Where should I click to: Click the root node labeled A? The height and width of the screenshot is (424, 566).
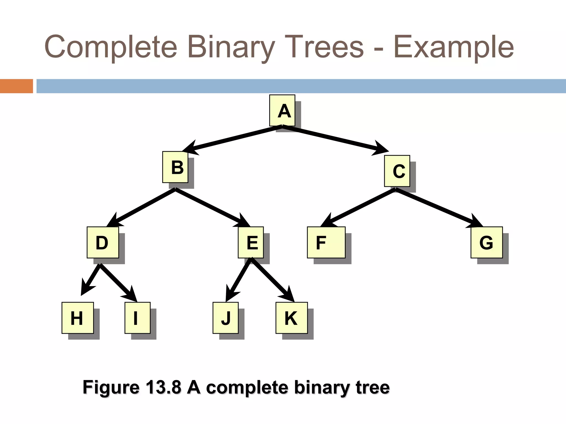pos(282,110)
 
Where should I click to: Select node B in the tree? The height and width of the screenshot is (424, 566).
pos(175,167)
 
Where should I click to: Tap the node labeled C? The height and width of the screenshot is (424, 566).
pos(397,171)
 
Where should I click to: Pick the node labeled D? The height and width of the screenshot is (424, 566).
pos(103,242)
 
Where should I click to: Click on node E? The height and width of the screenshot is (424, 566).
pos(251,242)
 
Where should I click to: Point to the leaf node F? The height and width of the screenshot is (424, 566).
pos(326,242)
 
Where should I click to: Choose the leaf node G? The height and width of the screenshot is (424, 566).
pos(486,242)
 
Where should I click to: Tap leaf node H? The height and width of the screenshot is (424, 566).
pos(78,318)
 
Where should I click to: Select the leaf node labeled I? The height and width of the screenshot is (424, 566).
pos(137,318)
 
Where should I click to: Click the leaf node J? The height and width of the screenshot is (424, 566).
pos(226,318)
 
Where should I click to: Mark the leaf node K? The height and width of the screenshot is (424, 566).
pos(292,318)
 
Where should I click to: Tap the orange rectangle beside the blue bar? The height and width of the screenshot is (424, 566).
pos(16,86)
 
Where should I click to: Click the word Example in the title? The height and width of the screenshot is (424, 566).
pos(454,47)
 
